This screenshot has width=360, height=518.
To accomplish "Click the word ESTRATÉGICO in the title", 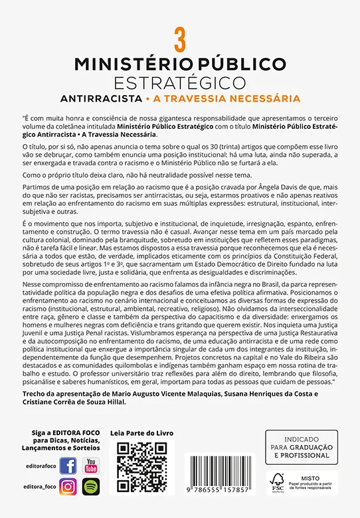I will click(x=179, y=82).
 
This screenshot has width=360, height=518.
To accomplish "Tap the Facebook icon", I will click(x=68, y=466).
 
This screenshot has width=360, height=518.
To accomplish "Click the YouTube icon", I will click(x=90, y=466).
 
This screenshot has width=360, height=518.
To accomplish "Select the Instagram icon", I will click(x=68, y=486).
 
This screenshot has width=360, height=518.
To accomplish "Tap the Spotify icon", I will click(x=90, y=486).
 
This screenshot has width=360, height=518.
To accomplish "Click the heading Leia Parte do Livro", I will click(x=141, y=433).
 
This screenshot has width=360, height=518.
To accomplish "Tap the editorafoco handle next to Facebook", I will click(x=39, y=468).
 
